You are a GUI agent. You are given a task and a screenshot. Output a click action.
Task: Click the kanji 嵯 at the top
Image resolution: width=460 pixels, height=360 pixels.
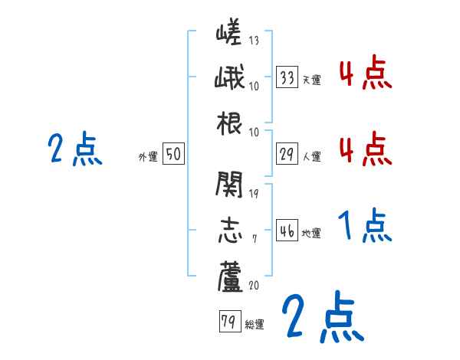pos(230,34)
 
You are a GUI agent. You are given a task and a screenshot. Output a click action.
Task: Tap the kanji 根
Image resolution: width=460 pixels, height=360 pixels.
pos(230,123)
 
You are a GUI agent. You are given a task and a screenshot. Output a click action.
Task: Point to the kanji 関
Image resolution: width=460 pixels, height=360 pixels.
pos(230,184)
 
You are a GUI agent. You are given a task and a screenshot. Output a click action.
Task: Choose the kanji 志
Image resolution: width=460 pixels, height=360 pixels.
pos(230,227)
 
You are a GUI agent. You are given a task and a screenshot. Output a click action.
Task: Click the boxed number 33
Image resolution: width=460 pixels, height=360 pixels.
pos(287,77)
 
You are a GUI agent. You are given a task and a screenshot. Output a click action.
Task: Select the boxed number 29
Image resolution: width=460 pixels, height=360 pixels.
pos(287,154)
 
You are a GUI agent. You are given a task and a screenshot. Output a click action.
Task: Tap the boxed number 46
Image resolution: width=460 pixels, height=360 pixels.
pos(287,231)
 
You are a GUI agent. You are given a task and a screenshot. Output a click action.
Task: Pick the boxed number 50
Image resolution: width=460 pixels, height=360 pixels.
pos(173,154)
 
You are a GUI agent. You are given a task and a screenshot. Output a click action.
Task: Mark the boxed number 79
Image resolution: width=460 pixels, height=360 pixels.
pos(228,322)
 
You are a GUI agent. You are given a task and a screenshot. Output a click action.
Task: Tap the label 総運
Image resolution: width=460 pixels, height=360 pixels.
pos(255,325)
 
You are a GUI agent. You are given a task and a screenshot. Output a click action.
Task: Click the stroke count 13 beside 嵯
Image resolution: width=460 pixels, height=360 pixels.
pos(254,41)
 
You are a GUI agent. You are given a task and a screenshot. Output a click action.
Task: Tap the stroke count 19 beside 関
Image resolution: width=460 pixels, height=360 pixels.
pos(254,192)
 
